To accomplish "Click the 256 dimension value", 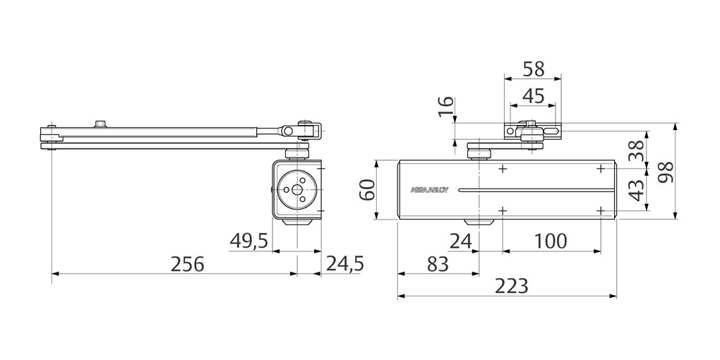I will [x=187, y=264].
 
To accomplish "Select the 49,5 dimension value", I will [x=248, y=241].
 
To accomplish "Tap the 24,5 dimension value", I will [x=344, y=264].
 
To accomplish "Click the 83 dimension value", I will [x=438, y=264].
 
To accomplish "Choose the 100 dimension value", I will [x=551, y=241].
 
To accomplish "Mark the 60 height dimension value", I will [x=367, y=190].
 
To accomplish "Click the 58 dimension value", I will [x=533, y=69].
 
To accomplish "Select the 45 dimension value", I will [x=533, y=95].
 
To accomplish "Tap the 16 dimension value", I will [x=445, y=107].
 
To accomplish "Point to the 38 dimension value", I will [x=637, y=150].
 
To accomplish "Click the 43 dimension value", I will [x=637, y=190].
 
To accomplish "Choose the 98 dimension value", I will [x=664, y=172].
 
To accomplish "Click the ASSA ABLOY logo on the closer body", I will [x=429, y=190].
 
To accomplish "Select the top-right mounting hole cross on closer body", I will [x=601, y=169].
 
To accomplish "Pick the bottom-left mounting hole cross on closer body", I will [x=503, y=210].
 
